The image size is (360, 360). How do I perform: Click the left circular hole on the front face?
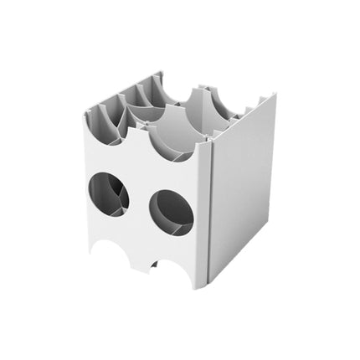click(x=108, y=194)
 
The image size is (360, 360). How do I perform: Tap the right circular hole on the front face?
click(x=172, y=212)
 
